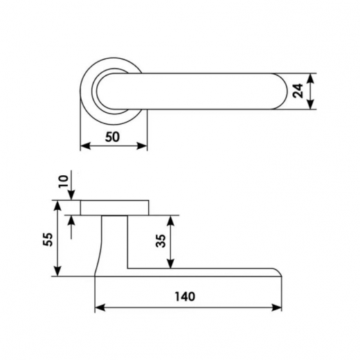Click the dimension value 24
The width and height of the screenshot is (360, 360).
(x=298, y=91)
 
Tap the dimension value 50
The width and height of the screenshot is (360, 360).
(x=112, y=137)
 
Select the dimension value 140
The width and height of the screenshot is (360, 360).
(x=185, y=296)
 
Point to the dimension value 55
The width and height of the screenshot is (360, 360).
(x=48, y=240)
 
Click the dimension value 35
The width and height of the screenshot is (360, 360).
(x=161, y=241)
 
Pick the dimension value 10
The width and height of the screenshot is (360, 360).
(x=64, y=181)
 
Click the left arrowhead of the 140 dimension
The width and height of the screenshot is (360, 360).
(x=100, y=307)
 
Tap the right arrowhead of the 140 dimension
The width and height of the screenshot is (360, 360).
(x=276, y=307)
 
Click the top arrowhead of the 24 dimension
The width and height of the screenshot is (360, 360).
(x=311, y=78)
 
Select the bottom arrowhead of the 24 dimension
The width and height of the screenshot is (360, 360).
(x=311, y=104)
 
